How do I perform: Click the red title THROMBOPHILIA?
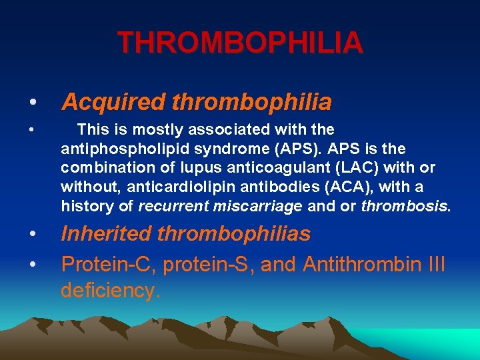coord(240,43)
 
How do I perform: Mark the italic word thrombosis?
coord(404,205)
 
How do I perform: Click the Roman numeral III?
coord(435,265)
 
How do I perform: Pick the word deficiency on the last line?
coord(110,290)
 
